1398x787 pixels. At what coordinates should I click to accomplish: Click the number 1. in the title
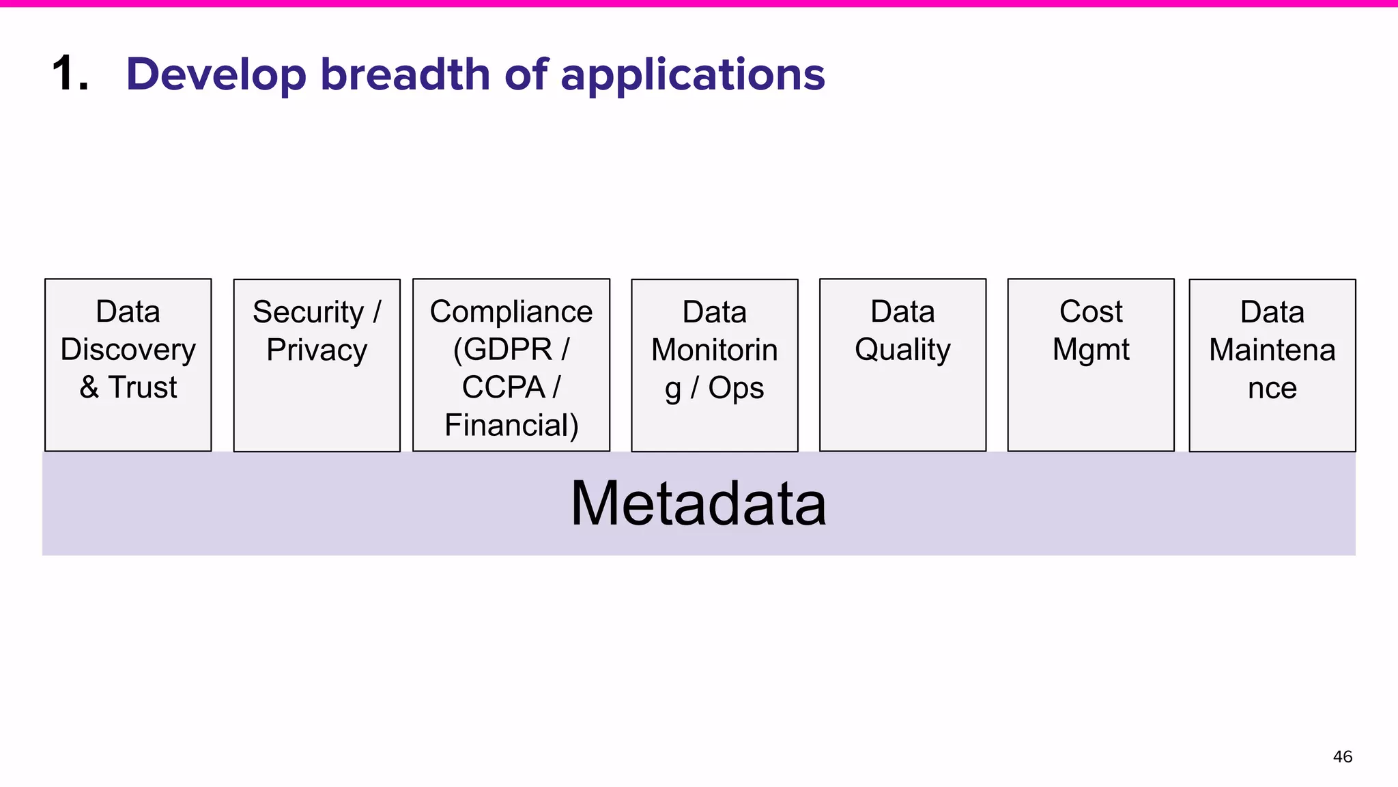click(70, 74)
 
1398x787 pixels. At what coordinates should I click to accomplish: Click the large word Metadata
click(698, 504)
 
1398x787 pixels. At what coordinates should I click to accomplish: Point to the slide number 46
click(1342, 757)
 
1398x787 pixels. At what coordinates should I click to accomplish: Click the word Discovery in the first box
click(128, 350)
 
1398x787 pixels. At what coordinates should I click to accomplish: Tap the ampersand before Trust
click(89, 387)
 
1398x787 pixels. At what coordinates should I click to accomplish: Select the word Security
click(308, 312)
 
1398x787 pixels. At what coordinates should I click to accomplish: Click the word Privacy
click(317, 350)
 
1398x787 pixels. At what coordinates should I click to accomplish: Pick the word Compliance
click(511, 312)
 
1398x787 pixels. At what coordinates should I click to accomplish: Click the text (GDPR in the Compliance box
click(502, 350)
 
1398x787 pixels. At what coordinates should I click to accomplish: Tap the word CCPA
click(503, 387)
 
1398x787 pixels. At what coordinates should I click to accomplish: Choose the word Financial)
click(511, 425)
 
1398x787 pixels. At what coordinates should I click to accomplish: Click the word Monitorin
click(714, 350)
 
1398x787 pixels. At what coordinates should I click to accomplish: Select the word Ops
click(736, 388)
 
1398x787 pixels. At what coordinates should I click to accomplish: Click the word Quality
click(902, 350)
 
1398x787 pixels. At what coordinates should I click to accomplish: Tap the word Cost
click(1090, 312)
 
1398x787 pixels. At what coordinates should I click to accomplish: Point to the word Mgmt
click(1090, 350)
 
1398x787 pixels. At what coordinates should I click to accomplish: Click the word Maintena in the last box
click(1272, 350)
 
